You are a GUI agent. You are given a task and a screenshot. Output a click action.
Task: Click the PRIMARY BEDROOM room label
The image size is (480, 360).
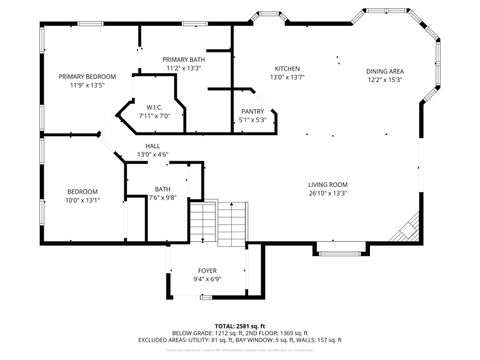tap(87, 77)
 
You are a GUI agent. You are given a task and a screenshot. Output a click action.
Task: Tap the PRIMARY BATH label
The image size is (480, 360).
tap(183, 60)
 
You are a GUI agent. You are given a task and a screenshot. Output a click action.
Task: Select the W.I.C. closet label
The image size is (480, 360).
tap(154, 107)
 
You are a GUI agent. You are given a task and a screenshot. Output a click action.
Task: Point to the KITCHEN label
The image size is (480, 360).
tap(287, 67)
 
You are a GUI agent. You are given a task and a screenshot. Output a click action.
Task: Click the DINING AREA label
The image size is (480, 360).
tap(384, 71)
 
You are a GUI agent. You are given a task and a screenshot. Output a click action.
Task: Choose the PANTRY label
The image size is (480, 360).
tap(253, 111)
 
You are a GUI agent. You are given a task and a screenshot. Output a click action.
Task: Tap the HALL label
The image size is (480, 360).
tap(152, 146)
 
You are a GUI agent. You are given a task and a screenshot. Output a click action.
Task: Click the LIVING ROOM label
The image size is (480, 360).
tap(327, 185)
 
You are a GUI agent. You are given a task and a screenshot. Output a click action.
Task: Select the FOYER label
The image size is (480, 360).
tap(207, 271)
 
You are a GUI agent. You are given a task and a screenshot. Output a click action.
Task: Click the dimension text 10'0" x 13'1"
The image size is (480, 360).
tap(83, 200)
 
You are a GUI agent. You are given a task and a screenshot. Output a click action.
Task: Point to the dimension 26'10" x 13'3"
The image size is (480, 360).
tap(327, 194)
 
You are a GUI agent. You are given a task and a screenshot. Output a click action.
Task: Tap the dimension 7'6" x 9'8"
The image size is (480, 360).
tap(163, 197)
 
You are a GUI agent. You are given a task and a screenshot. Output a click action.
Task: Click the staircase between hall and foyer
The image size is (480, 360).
tap(220, 222)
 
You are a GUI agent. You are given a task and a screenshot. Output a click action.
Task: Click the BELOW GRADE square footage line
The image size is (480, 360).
tap(239, 332)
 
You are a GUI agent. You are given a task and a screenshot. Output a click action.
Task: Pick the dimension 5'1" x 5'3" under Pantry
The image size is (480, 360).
tap(253, 120)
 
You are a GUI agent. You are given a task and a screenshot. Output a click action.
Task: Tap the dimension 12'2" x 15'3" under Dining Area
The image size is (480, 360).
tap(384, 80)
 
